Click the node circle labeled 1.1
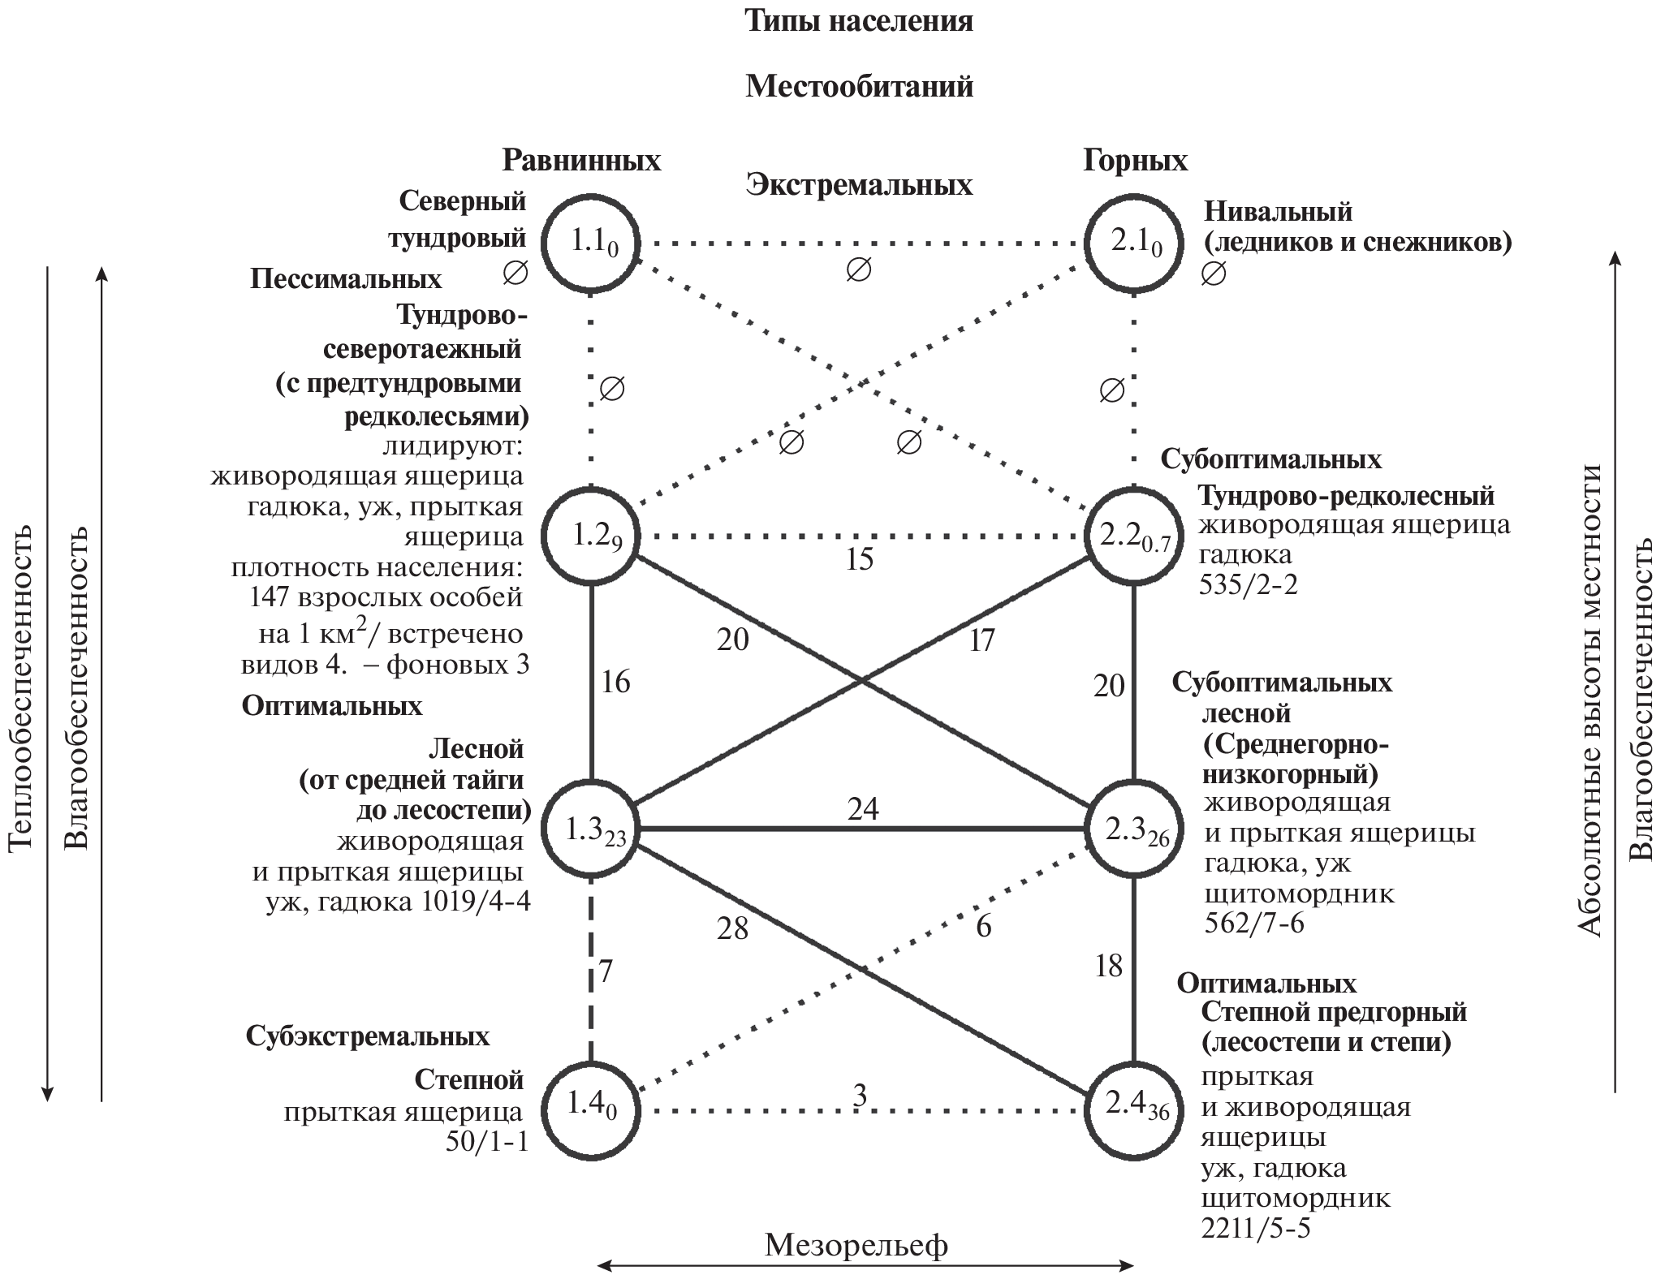pyautogui.click(x=591, y=241)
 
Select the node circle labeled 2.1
pyautogui.click(x=1134, y=241)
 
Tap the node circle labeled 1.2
pyautogui.click(x=591, y=536)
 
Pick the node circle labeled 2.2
pyautogui.click(x=1134, y=536)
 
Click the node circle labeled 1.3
pyautogui.click(x=591, y=829)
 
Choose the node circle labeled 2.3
pyautogui.click(x=1134, y=829)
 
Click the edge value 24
pyautogui.click(x=863, y=809)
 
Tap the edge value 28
pyautogui.click(x=732, y=928)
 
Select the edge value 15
pyautogui.click(x=859, y=559)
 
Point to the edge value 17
pyautogui.click(x=981, y=641)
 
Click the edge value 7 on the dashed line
pyautogui.click(x=606, y=971)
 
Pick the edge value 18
pyautogui.click(x=1109, y=965)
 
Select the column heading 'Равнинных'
pyautogui.click(x=581, y=161)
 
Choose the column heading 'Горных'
pyautogui.click(x=1135, y=161)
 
